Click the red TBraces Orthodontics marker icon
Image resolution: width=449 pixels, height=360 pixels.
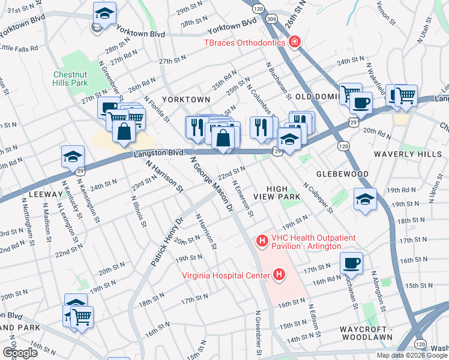295,42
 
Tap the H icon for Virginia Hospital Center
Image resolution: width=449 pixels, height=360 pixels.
279,275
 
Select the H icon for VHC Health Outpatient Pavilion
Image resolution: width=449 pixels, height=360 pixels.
262,241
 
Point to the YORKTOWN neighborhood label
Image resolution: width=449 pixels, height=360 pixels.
186,99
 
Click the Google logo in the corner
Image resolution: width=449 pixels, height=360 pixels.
20,353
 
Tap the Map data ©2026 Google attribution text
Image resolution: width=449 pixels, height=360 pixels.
412,355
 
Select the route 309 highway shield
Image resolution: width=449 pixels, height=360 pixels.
272,20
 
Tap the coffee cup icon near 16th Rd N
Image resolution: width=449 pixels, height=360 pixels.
351,262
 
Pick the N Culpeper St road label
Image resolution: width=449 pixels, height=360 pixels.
318,198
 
